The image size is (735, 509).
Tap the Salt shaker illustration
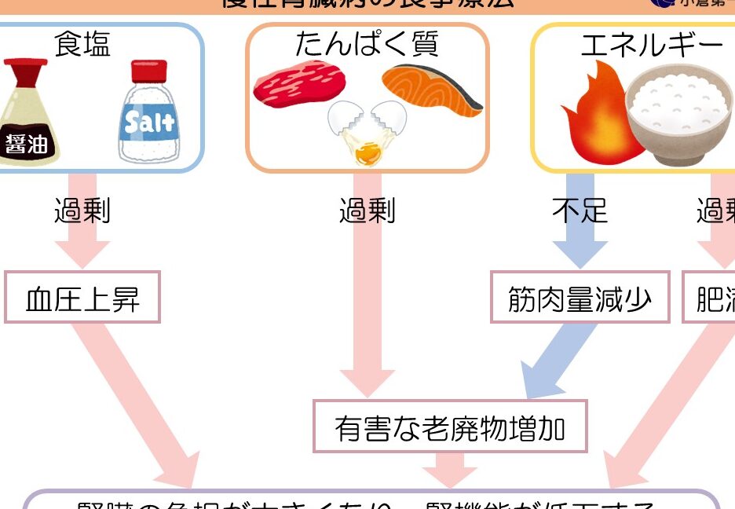pyautogui.click(x=148, y=118)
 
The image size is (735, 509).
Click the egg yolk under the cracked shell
pyautogui.click(x=365, y=151)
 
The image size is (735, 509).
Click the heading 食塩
pyautogui.click(x=82, y=45)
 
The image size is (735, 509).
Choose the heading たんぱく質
pyautogui.click(x=367, y=44)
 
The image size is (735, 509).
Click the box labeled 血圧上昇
pyautogui.click(x=82, y=298)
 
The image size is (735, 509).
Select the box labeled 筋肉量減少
pyautogui.click(x=580, y=298)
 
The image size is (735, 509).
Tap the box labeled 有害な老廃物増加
pyautogui.click(x=450, y=427)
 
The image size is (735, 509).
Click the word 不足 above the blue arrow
pyautogui.click(x=580, y=211)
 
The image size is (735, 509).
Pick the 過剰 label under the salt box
pyautogui.click(x=82, y=211)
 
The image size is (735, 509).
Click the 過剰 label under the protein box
pyautogui.click(x=367, y=211)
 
